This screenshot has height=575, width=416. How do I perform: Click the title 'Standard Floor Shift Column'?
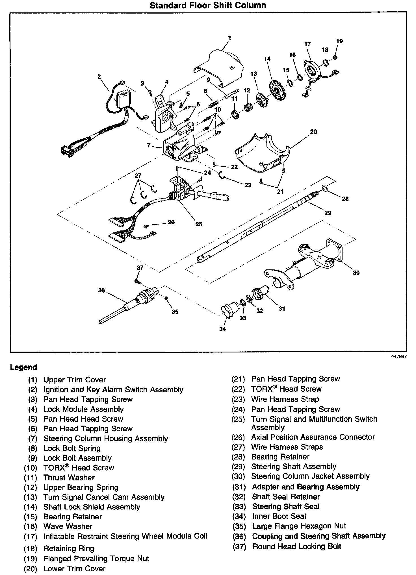208,5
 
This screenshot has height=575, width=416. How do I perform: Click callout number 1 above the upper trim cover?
229,38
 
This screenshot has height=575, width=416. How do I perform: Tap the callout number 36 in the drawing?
101,290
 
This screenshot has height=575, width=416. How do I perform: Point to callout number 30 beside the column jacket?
356,273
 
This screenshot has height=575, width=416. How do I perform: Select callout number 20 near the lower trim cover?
313,132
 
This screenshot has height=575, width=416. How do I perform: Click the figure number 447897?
399,356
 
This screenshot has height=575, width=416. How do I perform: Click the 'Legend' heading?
23,367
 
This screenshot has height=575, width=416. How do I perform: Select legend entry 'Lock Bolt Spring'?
72,448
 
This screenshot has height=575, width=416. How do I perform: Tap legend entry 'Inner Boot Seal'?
279,516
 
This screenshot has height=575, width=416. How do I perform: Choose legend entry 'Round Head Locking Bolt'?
297,546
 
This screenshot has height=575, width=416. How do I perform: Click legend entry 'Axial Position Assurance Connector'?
313,437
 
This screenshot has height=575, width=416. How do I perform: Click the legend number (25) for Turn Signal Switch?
238,419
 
